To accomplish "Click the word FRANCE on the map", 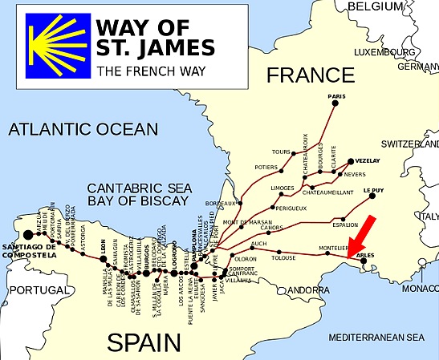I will pyautogui.click(x=310, y=76).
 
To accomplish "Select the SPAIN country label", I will pyautogui.click(x=144, y=343).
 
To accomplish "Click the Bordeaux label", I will pyautogui.click(x=222, y=204).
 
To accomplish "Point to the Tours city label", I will pyautogui.click(x=281, y=152).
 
